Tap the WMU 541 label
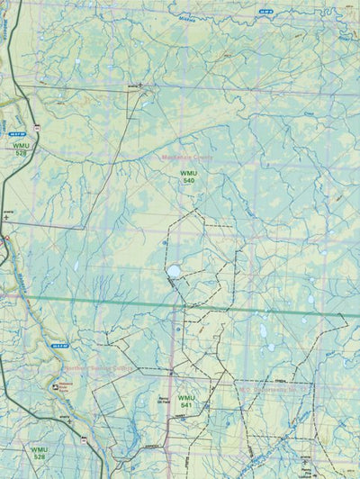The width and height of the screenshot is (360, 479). [x=186, y=401]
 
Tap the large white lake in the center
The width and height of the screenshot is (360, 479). [x=174, y=270]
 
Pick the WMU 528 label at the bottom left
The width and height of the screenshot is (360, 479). [x=38, y=453]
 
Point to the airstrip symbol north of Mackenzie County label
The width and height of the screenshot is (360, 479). [x=139, y=86]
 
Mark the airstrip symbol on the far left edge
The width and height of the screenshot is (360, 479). [x=7, y=214]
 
